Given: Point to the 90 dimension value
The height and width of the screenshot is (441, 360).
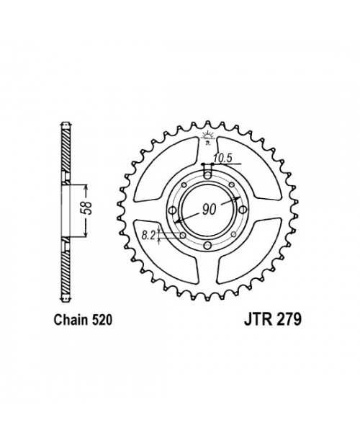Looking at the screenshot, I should click(x=209, y=210).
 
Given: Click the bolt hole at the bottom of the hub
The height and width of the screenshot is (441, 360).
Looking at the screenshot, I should click(x=207, y=246).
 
